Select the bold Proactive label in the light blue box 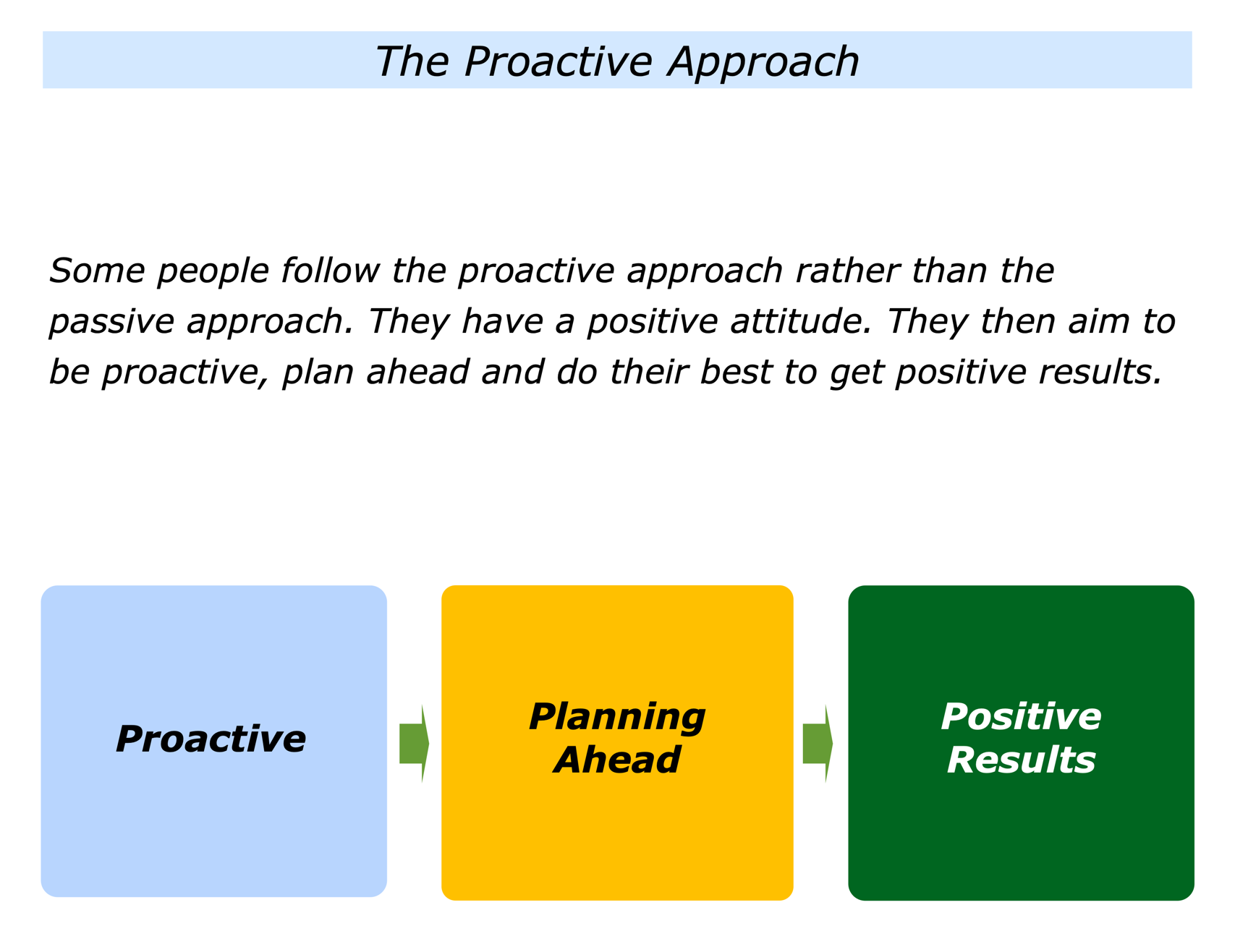point(211,739)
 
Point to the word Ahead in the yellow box point(617,760)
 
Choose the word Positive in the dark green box point(1021,717)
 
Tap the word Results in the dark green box point(1021,760)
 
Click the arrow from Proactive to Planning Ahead point(415,743)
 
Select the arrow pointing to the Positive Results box point(818,743)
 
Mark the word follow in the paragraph point(330,271)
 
